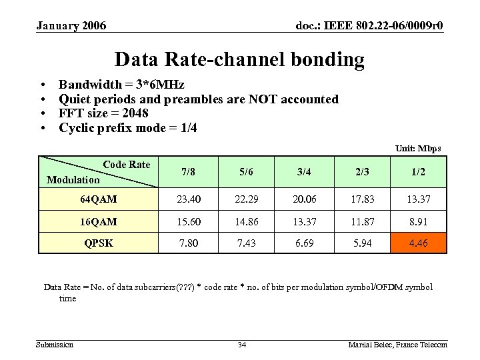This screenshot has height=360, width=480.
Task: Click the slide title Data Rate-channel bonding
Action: [239, 60]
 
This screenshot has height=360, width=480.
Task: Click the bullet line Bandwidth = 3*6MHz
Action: [121, 85]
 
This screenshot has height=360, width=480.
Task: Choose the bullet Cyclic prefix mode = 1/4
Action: [127, 127]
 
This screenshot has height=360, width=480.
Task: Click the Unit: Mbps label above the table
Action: [418, 148]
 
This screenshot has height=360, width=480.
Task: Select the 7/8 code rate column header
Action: [189, 171]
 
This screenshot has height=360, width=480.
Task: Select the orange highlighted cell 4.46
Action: [418, 243]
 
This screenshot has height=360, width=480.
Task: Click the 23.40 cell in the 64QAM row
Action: [189, 199]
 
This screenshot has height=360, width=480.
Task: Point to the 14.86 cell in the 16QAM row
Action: [246, 221]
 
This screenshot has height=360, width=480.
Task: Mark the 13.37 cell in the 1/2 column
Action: [418, 199]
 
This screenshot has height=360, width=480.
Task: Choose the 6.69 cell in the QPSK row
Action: [303, 243]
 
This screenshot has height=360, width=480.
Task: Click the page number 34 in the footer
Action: [242, 345]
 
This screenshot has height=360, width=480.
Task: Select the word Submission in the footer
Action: [54, 345]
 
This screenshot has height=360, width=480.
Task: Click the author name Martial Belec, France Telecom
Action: [397, 345]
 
